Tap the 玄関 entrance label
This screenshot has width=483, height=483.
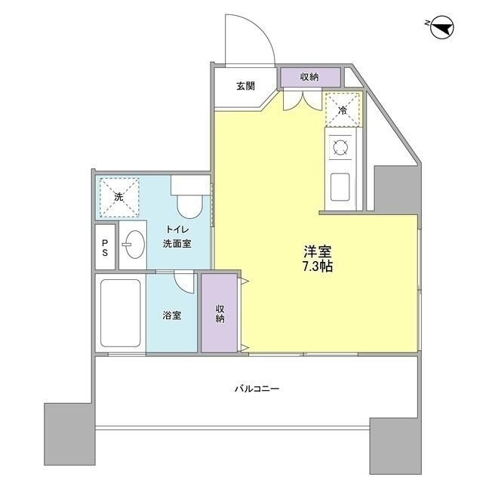point(245,86)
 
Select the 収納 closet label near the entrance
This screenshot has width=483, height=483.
point(309,76)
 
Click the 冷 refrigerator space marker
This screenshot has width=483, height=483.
point(342,109)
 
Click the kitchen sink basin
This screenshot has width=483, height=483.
point(339,185)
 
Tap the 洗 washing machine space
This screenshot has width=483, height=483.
point(118,195)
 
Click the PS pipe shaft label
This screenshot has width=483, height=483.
point(106,247)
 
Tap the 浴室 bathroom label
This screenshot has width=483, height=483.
point(171,315)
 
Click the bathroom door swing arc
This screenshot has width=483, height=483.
point(183,281)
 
